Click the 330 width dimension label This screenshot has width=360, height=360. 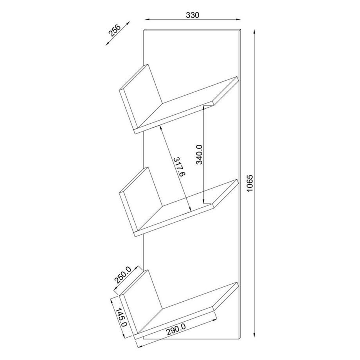coord(193,15)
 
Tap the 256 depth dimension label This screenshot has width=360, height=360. coord(114,30)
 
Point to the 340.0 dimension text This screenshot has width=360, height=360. coord(199,155)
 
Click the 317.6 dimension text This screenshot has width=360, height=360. coord(178,167)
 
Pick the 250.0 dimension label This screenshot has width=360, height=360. coord(122,275)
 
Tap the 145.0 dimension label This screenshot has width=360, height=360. coord(121,318)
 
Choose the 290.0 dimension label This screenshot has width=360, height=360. coord(176,329)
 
